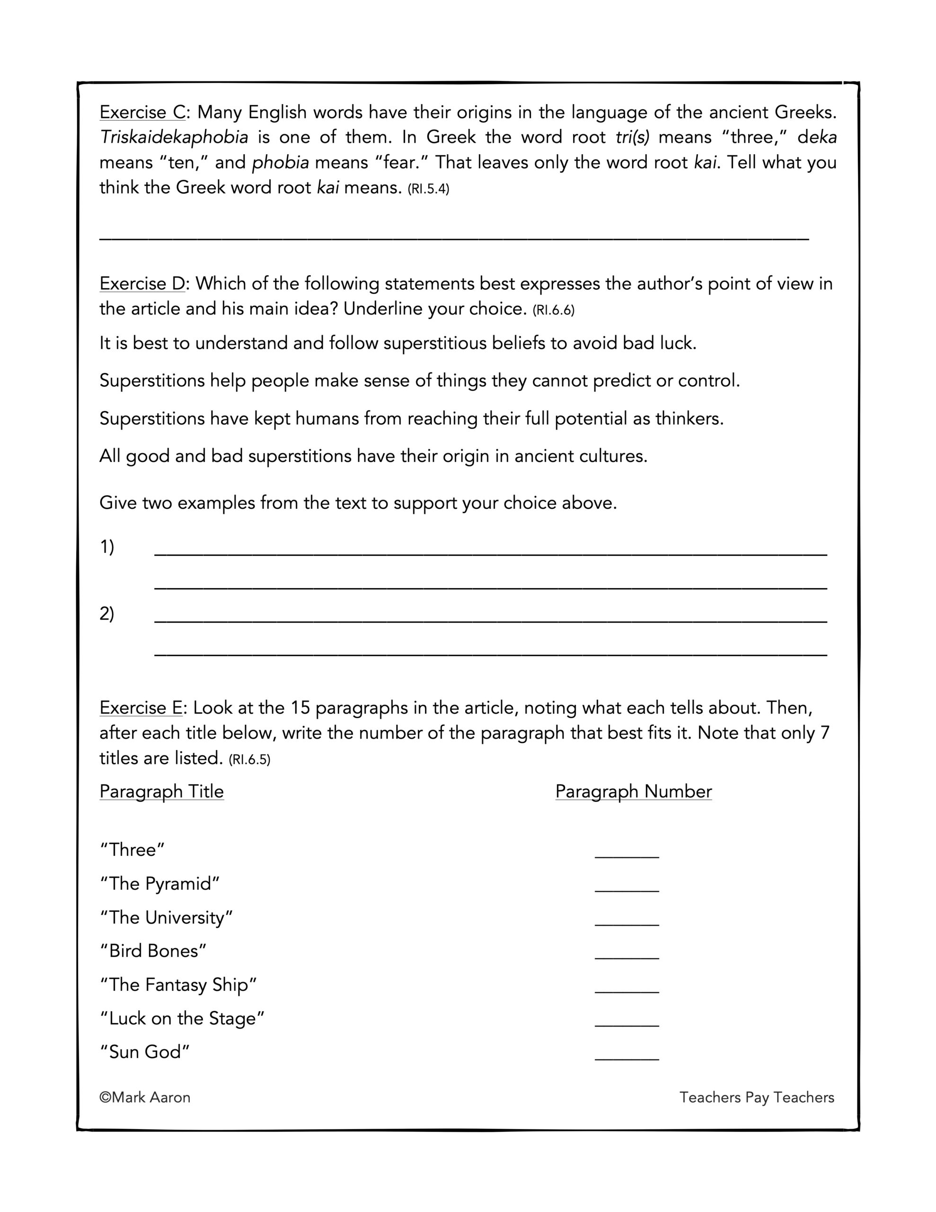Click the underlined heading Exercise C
pos(141,113)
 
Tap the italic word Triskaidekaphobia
pos(174,137)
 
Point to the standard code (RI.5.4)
pos(428,189)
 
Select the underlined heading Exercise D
pos(141,284)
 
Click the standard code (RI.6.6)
pos(553,310)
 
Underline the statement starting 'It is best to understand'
pos(397,344)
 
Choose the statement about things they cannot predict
pos(419,381)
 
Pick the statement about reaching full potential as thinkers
pos(411,419)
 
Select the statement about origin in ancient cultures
pos(373,456)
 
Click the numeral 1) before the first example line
pos(107,547)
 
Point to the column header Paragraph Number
pos(633,792)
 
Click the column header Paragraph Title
pos(161,792)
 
